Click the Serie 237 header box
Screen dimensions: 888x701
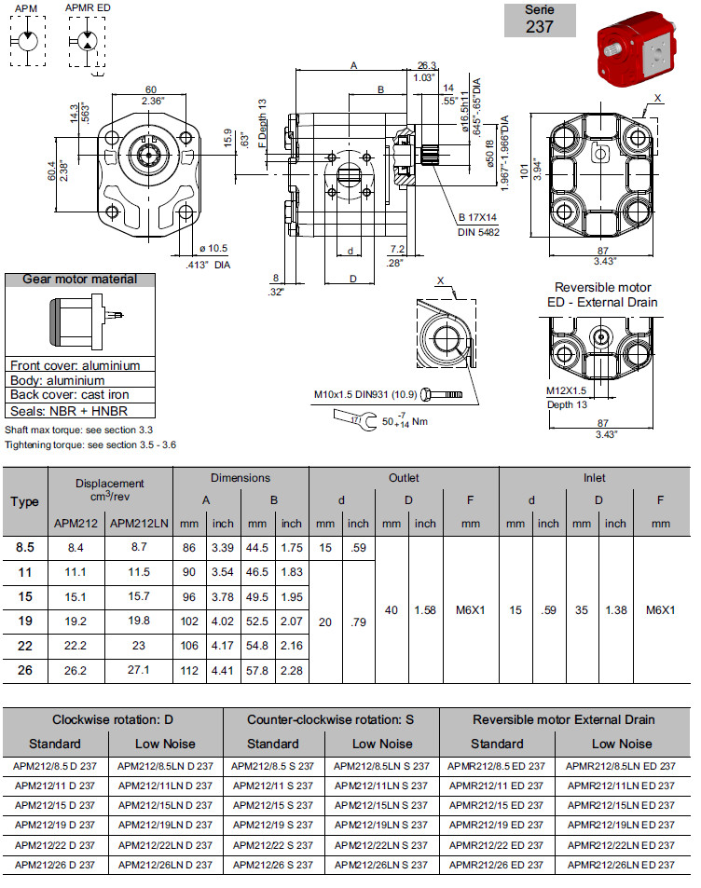[x=540, y=20]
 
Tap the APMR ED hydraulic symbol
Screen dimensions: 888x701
[x=87, y=41]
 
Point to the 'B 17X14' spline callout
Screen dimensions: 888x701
[x=478, y=218]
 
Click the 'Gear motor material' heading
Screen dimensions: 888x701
[x=79, y=280]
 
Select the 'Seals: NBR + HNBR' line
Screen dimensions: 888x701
[x=68, y=411]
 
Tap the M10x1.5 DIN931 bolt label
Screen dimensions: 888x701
[x=364, y=393]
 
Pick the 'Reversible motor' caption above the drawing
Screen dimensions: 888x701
[x=602, y=287]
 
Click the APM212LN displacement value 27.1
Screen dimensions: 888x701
[x=139, y=670]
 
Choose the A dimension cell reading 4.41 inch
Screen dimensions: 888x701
[x=223, y=670]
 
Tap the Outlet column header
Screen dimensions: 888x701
[x=404, y=478]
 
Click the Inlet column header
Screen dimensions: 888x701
[x=594, y=478]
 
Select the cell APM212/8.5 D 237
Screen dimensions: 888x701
[x=55, y=767]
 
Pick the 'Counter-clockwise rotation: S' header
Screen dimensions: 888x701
[x=331, y=719]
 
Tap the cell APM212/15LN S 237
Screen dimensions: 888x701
[x=381, y=806]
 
